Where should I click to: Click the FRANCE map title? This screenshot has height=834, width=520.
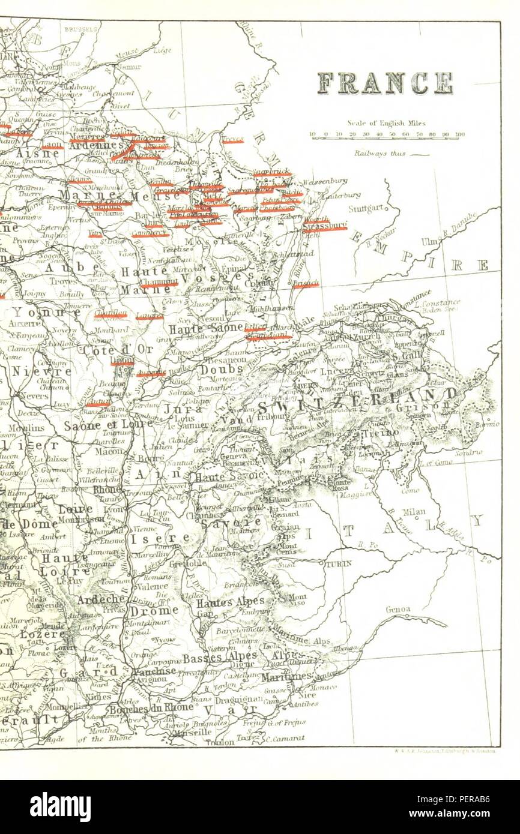pos(385,83)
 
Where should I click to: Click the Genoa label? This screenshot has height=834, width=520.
pos(399,610)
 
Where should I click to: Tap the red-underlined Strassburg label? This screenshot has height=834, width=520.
pos(325,226)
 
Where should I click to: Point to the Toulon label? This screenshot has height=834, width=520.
pos(219,742)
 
